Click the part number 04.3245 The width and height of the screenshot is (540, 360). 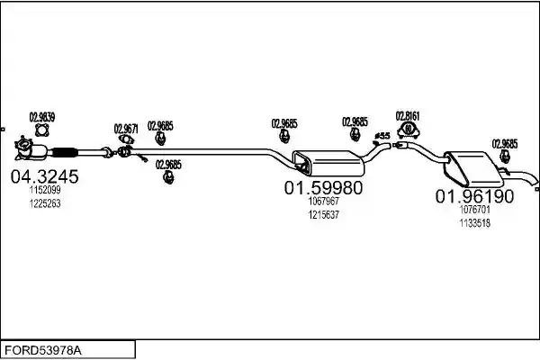point(44,176)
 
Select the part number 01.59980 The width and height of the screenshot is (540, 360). point(323,188)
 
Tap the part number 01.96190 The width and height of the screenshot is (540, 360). point(474,196)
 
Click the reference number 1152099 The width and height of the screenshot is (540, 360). point(45,190)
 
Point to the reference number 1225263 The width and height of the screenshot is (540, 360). point(45,203)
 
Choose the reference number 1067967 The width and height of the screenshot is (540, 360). point(324,201)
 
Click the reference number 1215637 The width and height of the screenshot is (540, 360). point(324,214)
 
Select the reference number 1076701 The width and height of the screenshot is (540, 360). point(475,210)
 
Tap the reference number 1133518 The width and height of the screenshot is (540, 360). point(475,223)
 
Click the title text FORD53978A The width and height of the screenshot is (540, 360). point(43,351)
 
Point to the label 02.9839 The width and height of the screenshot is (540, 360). point(42,117)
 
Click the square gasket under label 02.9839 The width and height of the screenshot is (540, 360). point(42,130)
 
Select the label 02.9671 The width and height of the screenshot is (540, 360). point(126,129)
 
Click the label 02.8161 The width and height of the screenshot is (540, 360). point(408,116)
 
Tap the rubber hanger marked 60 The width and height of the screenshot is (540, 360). point(408,130)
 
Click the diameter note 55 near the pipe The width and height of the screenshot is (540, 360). point(382,136)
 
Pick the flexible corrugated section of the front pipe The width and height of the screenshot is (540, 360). point(65,152)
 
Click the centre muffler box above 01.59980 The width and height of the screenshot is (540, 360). point(328,163)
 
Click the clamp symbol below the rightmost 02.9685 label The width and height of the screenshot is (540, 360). point(505,157)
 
